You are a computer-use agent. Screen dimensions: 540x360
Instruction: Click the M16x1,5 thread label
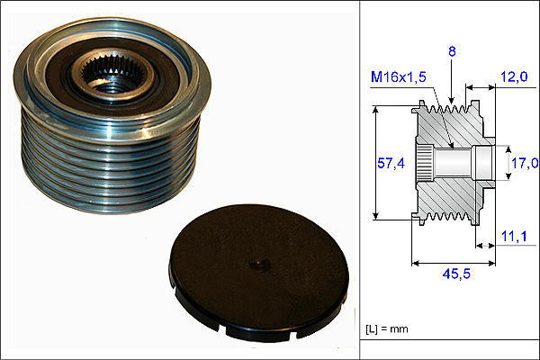click(x=399, y=76)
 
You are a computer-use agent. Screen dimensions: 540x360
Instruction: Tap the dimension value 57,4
click(x=391, y=163)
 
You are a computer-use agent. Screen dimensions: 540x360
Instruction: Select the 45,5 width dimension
click(x=456, y=274)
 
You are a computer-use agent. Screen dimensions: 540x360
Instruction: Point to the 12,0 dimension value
click(x=514, y=76)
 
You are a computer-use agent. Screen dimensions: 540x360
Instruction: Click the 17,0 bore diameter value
click(x=525, y=163)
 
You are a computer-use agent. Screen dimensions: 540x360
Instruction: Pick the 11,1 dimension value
click(x=514, y=237)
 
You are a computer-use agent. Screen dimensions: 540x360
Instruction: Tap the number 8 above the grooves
click(x=452, y=51)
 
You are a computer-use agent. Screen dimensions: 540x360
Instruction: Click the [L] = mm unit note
click(x=386, y=329)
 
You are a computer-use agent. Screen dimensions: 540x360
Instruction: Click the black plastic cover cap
click(x=259, y=272)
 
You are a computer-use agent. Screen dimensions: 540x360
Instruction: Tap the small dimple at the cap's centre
click(x=258, y=265)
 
